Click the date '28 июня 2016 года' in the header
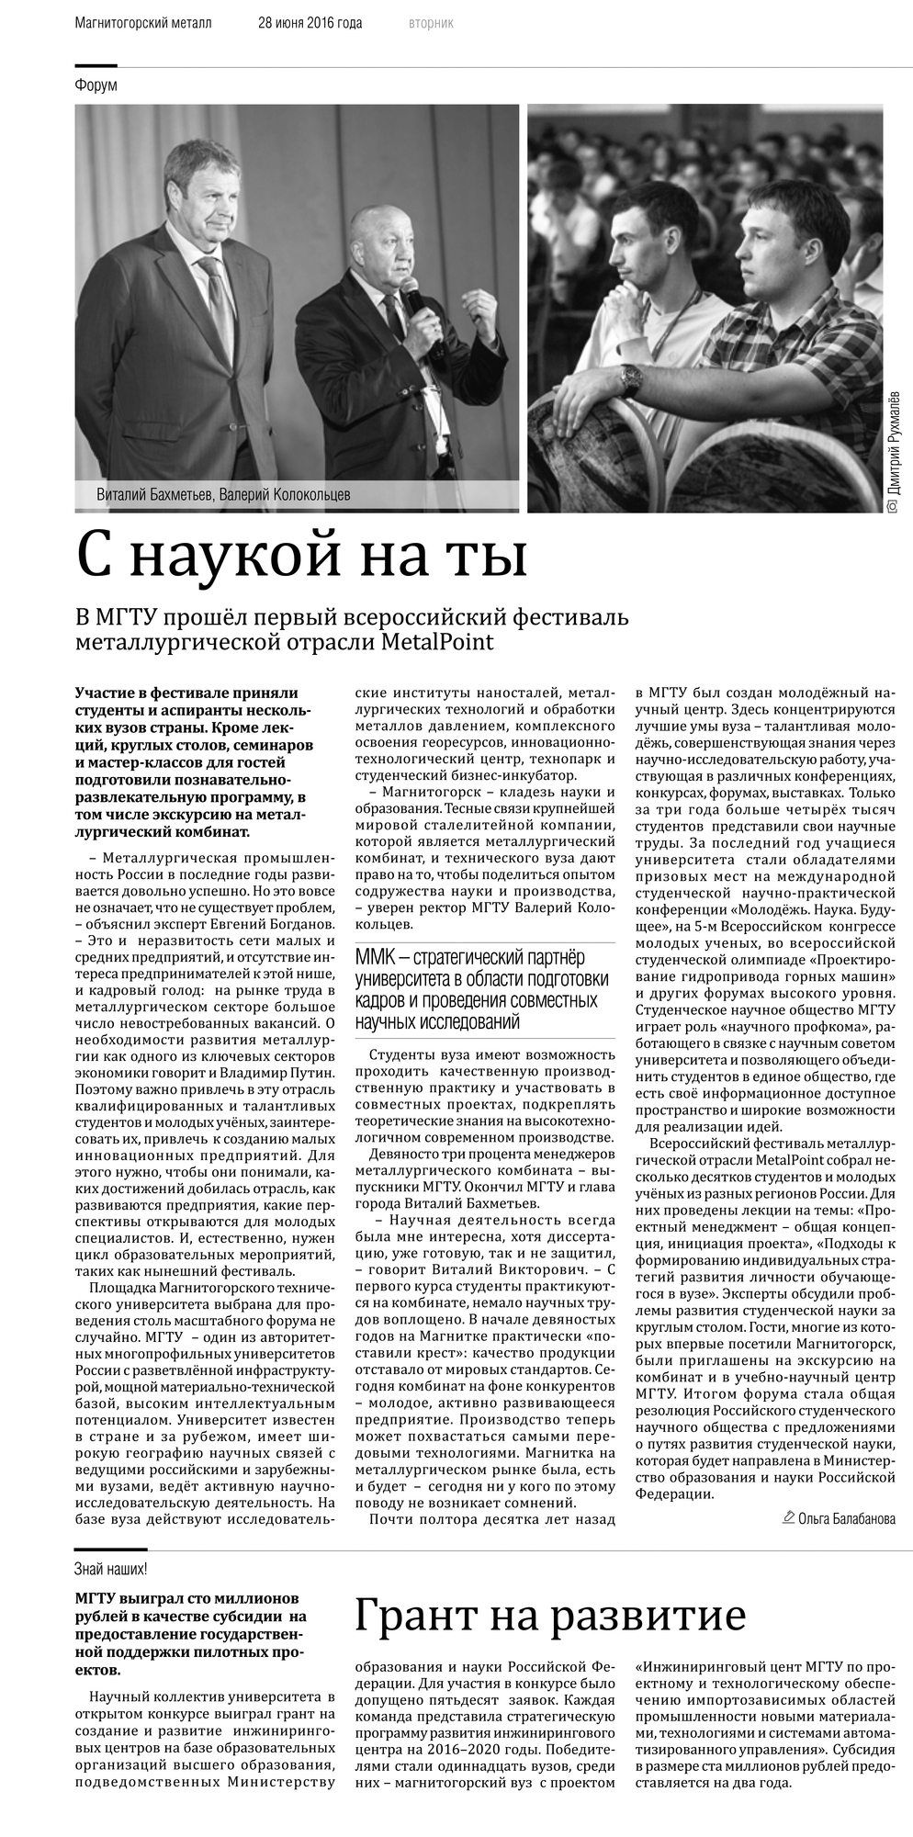310,23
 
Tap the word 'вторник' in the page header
431,23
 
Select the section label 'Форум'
96,85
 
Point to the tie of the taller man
219,303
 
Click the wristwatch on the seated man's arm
630,378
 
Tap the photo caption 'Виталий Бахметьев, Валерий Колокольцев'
223,495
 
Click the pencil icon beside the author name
788,1517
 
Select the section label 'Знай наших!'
110,1569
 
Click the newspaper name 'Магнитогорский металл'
143,23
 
